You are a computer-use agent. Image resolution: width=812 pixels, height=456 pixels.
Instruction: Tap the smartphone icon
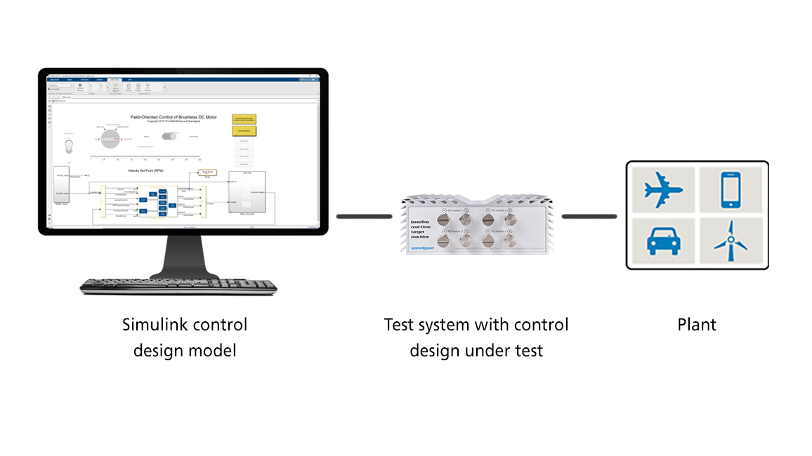(731, 189)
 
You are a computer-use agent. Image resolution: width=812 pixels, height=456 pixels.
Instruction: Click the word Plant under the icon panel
(697, 325)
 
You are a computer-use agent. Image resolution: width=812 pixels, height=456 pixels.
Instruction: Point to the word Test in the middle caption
(398, 325)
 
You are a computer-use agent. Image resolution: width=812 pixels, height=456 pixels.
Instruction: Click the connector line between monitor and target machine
(363, 216)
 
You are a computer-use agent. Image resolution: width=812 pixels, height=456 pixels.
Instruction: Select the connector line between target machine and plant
(589, 216)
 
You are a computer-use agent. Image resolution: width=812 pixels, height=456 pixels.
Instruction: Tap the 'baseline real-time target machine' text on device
(424, 229)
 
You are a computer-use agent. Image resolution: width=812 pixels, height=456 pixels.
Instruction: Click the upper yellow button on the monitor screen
(244, 119)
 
